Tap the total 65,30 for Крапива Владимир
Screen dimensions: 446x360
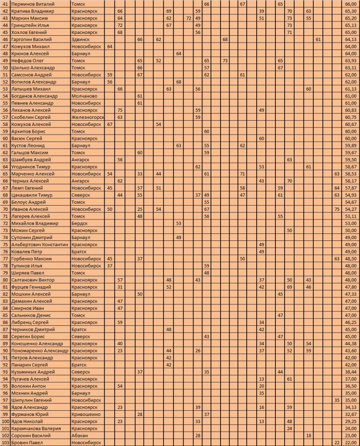(350, 11)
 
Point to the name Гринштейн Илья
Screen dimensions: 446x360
(27, 25)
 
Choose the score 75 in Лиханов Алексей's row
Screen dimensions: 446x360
(120, 110)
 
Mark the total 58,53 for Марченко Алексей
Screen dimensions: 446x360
(350, 174)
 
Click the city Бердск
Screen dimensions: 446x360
(80, 223)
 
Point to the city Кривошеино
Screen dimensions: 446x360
(85, 414)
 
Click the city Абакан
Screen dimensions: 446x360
(79, 436)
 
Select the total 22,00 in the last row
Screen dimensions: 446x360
(350, 443)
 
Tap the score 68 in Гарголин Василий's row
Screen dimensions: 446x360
(225, 39)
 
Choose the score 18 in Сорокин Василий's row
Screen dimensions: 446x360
(309, 436)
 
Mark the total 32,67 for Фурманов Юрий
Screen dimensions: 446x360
(350, 414)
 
